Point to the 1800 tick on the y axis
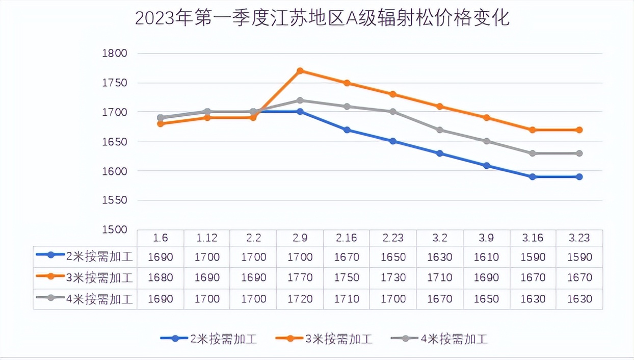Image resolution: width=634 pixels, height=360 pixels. [114, 54]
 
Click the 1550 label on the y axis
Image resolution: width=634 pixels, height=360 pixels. [114, 200]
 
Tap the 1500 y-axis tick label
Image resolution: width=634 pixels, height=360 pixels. [114, 229]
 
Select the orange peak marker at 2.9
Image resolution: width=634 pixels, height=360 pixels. [300, 71]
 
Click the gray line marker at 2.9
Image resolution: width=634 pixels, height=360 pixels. [300, 100]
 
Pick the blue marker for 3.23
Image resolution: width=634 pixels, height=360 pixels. [579, 177]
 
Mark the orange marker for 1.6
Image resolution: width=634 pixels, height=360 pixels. [161, 123]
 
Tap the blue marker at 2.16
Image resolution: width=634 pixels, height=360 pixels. [347, 130]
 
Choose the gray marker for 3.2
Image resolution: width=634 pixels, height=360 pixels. [440, 130]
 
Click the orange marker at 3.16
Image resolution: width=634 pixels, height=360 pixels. [533, 130]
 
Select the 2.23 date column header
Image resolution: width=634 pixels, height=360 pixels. [393, 238]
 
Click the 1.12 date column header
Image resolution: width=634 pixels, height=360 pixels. [207, 238]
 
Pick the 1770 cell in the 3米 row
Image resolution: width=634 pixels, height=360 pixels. [300, 278]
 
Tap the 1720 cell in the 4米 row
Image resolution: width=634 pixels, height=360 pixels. [300, 299]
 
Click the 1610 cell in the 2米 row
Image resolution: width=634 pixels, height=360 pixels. [486, 257]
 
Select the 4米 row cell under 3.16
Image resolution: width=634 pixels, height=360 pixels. [533, 299]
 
